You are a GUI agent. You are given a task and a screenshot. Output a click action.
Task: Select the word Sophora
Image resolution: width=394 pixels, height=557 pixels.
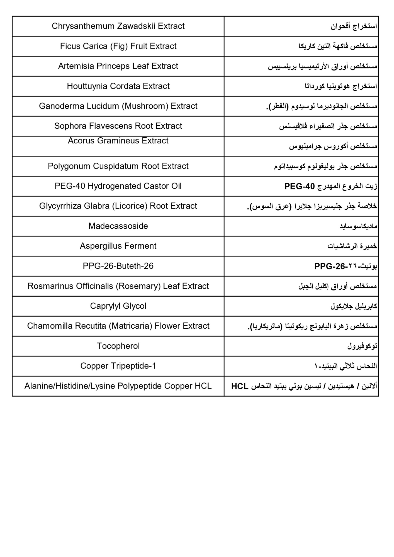(70, 126)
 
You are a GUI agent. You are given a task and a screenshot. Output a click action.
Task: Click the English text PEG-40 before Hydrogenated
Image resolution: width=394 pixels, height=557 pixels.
(69, 186)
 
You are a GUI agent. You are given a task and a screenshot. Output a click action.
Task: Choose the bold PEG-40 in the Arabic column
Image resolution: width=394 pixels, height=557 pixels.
(299, 186)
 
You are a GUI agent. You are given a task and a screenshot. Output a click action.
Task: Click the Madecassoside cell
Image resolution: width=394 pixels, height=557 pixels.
(118, 226)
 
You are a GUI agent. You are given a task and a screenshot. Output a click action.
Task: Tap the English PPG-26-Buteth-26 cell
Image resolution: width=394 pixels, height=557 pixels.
(118, 266)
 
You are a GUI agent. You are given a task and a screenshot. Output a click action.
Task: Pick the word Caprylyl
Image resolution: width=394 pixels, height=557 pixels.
(103, 306)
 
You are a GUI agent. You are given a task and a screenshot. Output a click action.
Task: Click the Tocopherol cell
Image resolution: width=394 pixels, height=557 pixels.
(118, 346)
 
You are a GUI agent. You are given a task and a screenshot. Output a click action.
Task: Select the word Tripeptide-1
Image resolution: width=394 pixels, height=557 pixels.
(133, 366)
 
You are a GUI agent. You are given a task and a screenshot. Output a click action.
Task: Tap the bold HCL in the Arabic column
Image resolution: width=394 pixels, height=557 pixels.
(240, 387)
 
